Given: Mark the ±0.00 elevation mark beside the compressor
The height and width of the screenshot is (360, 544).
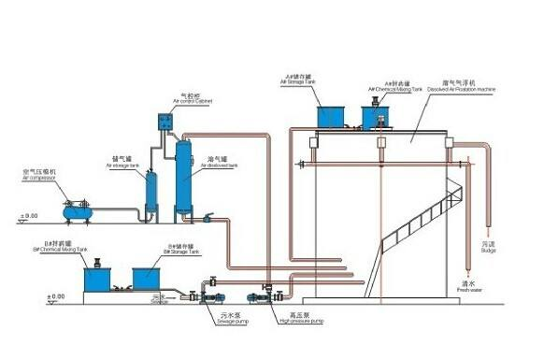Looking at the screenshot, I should (28, 217).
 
